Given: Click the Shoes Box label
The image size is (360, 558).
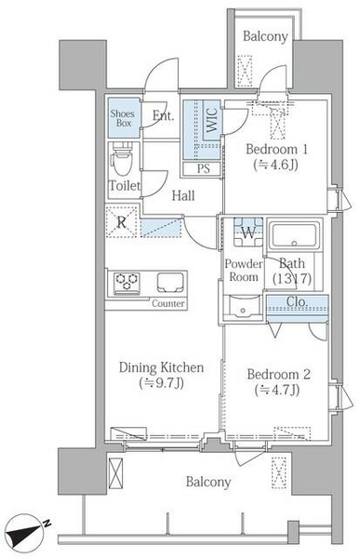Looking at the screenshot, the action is click(123, 118).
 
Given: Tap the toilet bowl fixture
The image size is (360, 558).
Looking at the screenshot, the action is click(122, 160).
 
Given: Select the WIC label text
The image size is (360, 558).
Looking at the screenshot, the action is click(212, 121).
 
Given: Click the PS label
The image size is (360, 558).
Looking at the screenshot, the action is click(204, 168).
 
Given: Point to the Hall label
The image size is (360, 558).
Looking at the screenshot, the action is click(183, 195).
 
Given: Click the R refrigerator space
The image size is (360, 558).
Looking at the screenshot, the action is click(122, 222).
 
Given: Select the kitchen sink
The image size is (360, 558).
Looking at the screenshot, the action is click(171, 283).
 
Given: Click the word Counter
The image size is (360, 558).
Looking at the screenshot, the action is click(168, 303).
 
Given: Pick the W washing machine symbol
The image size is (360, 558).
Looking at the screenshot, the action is click(248, 232).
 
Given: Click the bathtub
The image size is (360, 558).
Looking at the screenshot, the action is click(294, 235).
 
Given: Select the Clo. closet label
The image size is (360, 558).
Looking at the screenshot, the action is click(298, 301).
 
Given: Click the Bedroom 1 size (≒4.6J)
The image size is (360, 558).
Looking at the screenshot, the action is click(275, 165).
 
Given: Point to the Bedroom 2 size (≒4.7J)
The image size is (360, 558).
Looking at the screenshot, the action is click(277, 390).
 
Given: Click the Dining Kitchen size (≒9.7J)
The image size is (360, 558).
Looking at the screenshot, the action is click(161, 383).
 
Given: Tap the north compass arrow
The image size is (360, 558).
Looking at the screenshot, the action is click(27, 531).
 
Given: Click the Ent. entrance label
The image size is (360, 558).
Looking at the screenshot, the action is click(163, 115).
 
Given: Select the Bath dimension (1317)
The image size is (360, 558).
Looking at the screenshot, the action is click(292, 278).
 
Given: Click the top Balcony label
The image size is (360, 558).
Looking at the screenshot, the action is click(265, 36).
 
